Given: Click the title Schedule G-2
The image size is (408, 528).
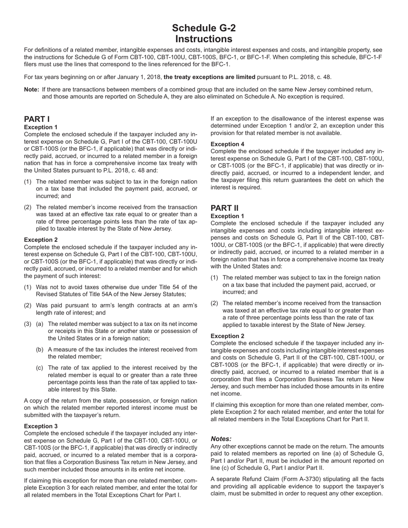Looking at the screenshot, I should (x=204, y=28).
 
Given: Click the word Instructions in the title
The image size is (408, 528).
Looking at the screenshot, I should (x=204, y=39).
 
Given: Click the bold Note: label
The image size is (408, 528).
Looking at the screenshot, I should (x=32, y=90).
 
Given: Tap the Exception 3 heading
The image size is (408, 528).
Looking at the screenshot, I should (x=41, y=426).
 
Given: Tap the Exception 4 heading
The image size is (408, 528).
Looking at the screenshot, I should (x=227, y=144).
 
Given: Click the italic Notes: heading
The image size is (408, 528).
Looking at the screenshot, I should (x=221, y=439).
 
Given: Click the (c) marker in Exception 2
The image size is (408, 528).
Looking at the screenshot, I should (x=40, y=368).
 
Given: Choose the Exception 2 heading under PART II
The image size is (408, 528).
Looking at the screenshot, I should (x=227, y=336).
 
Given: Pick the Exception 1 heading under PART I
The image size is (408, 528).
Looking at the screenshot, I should (x=41, y=127).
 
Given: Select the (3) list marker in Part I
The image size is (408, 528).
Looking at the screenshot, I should (x=27, y=324).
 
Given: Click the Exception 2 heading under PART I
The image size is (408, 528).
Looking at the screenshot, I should (x=41, y=240).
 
